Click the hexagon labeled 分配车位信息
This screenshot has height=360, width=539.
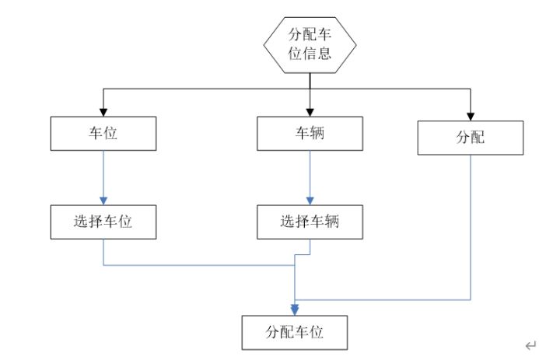tap(310, 45)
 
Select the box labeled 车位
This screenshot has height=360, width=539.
tap(103, 134)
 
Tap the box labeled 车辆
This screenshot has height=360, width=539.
tap(310, 134)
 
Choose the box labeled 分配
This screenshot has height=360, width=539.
tap(470, 138)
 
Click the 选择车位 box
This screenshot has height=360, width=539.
tap(103, 222)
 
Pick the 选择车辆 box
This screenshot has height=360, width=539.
tap(310, 222)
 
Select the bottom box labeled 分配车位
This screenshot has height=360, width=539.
tap(295, 332)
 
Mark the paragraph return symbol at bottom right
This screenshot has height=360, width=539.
tap(530, 345)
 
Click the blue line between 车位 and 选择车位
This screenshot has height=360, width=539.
tap(103, 171)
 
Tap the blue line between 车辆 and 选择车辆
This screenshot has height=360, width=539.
tap(310, 171)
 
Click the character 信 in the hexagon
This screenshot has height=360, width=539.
tap(310, 54)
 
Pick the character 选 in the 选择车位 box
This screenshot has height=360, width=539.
tap(82, 222)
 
